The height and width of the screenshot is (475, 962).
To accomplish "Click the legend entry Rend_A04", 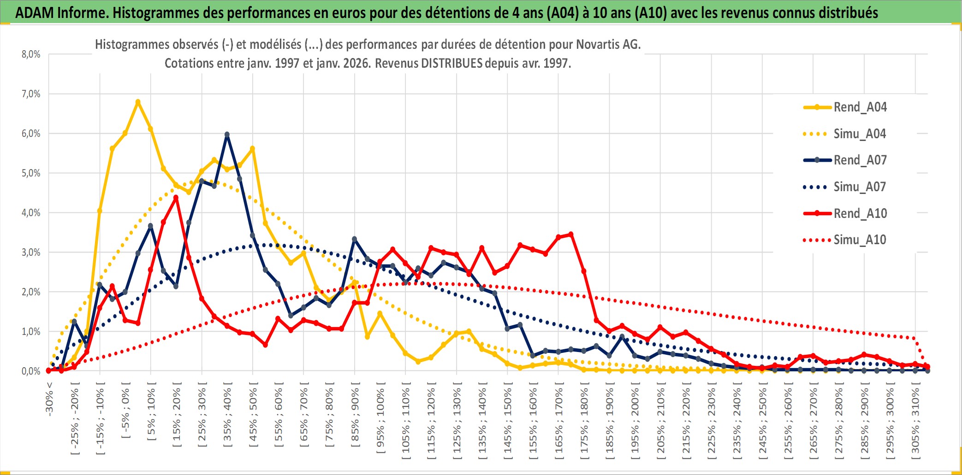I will click(x=860, y=107).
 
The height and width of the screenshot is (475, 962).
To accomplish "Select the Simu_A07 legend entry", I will click(x=860, y=187).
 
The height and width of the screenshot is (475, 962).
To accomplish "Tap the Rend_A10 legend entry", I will click(x=860, y=214).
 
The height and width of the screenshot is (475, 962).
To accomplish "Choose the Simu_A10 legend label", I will click(x=860, y=240).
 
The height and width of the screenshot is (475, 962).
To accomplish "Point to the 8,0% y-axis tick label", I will click(x=31, y=54).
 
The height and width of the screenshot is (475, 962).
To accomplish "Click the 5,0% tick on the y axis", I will click(x=31, y=173).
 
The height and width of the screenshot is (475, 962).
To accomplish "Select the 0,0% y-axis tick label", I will click(x=31, y=371).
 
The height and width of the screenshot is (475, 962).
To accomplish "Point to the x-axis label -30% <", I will click(x=49, y=399).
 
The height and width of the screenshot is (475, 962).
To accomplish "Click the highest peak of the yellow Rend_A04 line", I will click(x=138, y=102).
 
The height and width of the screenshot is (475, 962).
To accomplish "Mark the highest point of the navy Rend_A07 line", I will click(x=227, y=135).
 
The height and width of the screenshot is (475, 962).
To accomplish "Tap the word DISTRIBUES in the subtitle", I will click(x=451, y=63).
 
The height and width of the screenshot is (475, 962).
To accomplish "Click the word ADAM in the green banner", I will click(x=34, y=13).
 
